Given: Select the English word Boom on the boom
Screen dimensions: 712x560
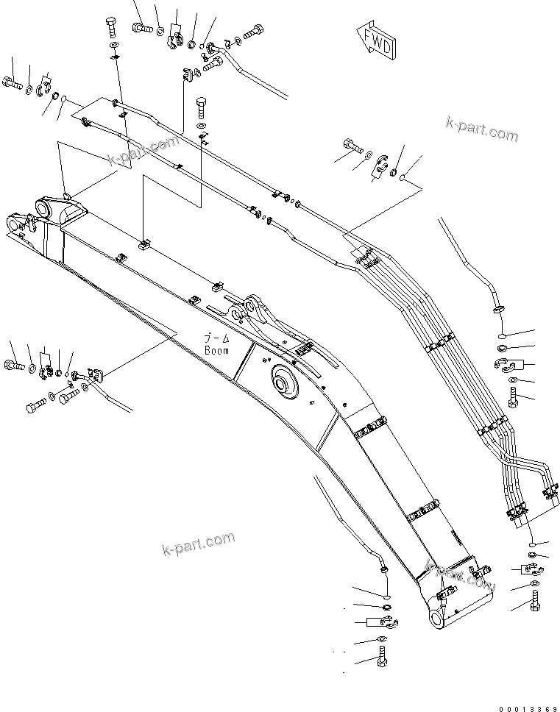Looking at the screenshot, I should (218, 350).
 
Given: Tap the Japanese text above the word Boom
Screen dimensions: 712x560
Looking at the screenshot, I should (217, 339).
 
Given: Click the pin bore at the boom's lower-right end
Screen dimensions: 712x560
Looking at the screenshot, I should (439, 619).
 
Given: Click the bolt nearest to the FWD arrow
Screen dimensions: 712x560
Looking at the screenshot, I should (252, 32).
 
